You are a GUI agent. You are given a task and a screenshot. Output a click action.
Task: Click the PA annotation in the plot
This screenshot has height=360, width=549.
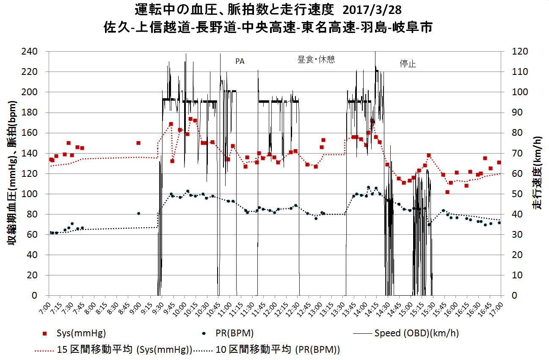pyautogui.click(x=240, y=62)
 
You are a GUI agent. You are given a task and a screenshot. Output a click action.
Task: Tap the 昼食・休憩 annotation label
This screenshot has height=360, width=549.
pyautogui.click(x=316, y=60)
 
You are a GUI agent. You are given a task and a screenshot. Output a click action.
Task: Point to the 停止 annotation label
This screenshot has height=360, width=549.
pyautogui.click(x=408, y=64)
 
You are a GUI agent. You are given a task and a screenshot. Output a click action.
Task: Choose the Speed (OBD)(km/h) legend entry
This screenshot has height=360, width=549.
pyautogui.click(x=416, y=333)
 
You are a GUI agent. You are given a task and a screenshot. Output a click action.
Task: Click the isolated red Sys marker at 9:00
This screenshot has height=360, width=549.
pyautogui.click(x=138, y=143)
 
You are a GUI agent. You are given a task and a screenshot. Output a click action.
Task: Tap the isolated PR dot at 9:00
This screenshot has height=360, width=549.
pyautogui.click(x=138, y=214)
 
